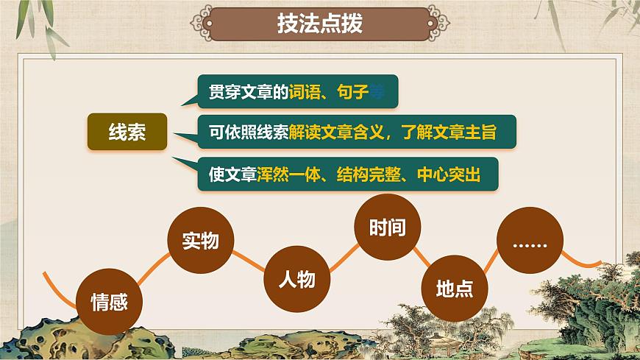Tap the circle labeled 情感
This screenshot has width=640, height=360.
coord(110,300)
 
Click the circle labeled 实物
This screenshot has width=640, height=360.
coord(200,239)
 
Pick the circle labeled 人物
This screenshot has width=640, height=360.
coord(296,279)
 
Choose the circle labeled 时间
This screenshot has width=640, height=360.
coord(388,227)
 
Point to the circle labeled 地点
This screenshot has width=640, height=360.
coord(455,287)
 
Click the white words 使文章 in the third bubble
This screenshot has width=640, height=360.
coord(232,175)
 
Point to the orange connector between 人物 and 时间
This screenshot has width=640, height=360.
coord(342,255)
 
